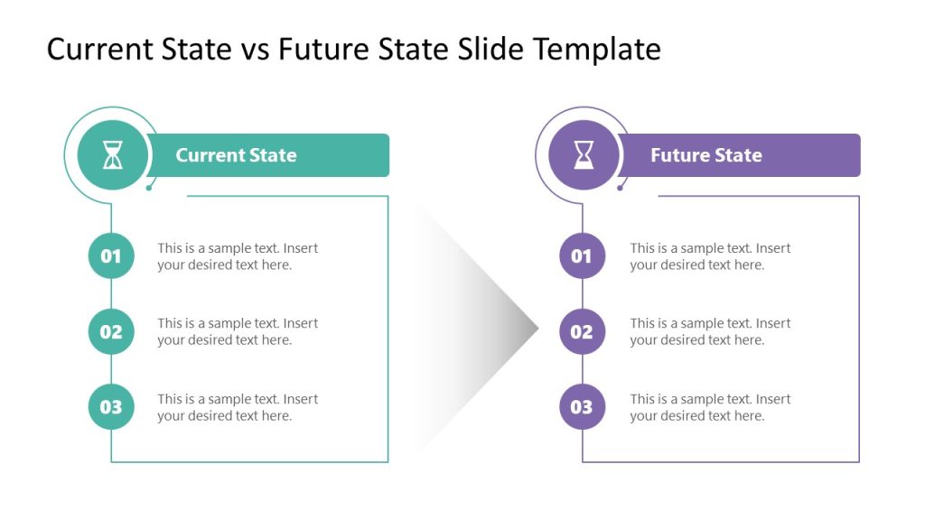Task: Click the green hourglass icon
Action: coord(112,155)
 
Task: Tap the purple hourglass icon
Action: coord(584,155)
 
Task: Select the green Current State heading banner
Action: coord(271,155)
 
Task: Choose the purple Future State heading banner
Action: coord(741,155)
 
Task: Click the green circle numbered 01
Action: coord(111,256)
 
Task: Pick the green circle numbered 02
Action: coord(111,331)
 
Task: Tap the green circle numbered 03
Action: coord(111,407)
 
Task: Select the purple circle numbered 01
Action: coord(583,256)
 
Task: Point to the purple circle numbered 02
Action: coord(583,331)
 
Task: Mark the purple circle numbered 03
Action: coord(583,407)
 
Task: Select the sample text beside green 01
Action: coord(238,256)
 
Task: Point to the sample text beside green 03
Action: coord(238,407)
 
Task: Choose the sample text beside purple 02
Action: coord(710,331)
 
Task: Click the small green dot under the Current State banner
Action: coord(148,188)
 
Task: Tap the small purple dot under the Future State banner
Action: coord(620,188)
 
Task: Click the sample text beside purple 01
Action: coord(710,256)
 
